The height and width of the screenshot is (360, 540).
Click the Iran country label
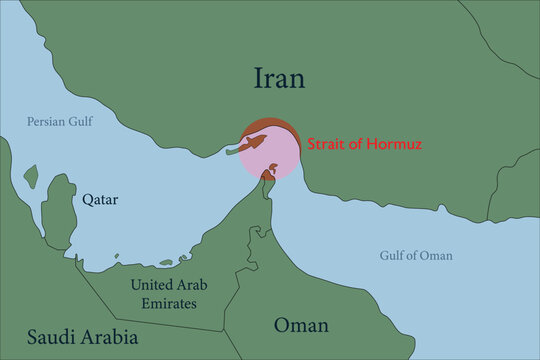(x=279, y=79)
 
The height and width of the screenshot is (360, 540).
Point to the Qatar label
(x=100, y=200)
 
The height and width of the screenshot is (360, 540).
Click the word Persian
(x=46, y=123)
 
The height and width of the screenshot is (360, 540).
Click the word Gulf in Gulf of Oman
(x=395, y=256)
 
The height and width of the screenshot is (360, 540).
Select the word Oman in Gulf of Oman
(x=437, y=256)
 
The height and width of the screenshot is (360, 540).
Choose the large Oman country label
(x=301, y=326)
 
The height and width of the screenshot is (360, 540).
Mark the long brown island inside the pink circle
(x=252, y=145)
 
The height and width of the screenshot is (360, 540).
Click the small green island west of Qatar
(x=31, y=178)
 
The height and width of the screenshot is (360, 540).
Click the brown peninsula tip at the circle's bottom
(x=268, y=177)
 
